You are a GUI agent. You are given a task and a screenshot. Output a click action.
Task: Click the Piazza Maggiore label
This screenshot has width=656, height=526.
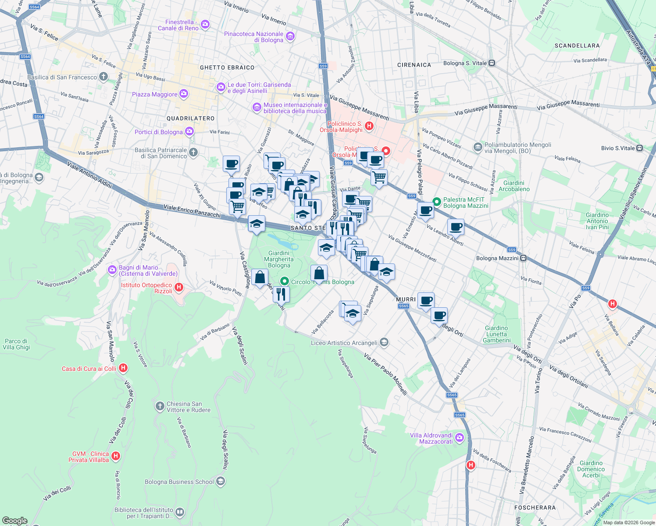(155, 94)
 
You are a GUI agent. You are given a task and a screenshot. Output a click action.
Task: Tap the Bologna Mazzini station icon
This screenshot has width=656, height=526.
(524, 258)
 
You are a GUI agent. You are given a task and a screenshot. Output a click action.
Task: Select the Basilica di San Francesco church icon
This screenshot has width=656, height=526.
(103, 77)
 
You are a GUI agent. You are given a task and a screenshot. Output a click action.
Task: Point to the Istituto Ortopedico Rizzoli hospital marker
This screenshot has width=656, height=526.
(178, 288)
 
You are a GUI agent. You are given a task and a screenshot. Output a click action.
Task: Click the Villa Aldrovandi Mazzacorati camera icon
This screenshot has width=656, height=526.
(459, 437)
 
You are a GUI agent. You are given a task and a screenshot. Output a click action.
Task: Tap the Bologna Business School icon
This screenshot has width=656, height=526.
(221, 482)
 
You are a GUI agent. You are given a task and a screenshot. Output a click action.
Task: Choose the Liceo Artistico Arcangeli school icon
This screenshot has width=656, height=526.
(384, 342)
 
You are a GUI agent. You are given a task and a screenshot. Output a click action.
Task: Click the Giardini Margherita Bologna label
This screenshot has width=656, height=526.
(279, 259)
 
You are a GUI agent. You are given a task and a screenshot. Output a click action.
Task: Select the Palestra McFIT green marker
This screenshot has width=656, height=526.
(437, 202)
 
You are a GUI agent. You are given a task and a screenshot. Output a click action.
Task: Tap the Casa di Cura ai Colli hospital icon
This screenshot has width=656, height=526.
(123, 368)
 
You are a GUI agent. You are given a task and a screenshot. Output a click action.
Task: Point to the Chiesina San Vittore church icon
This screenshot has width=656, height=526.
(160, 406)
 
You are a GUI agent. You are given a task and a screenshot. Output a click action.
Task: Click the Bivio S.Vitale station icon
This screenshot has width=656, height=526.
(640, 148)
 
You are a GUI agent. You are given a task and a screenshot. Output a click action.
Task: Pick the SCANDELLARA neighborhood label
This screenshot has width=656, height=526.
(577, 46)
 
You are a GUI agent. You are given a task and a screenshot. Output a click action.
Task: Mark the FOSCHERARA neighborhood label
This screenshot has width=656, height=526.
(535, 508)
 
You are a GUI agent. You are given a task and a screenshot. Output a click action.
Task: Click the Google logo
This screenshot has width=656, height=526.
(14, 521)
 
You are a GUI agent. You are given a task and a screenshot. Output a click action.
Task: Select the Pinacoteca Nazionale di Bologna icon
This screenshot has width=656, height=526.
(290, 36)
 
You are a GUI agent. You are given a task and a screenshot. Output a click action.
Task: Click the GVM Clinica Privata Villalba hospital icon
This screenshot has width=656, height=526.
(116, 456)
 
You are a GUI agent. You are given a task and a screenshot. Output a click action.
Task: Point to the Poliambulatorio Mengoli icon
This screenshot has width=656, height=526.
(478, 147)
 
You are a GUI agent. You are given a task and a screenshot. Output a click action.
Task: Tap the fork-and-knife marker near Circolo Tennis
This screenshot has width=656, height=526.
(281, 294)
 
